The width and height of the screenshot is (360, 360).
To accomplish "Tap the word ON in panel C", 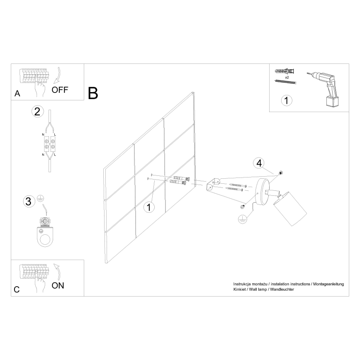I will [x=58, y=286].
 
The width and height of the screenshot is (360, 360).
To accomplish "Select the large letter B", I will [x=93, y=93].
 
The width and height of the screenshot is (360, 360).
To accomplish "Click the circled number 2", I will [x=37, y=111].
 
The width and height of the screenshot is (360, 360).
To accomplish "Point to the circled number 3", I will [x=28, y=202].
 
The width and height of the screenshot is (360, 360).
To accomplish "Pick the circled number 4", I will [x=259, y=163].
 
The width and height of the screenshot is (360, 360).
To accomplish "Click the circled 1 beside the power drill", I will [x=286, y=100].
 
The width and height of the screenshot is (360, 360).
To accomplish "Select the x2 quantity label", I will [x=287, y=77].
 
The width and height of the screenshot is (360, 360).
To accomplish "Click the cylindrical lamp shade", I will [x=289, y=211].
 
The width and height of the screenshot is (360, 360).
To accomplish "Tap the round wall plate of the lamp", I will [x=262, y=192].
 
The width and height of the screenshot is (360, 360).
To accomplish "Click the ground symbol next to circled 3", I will [x=41, y=198].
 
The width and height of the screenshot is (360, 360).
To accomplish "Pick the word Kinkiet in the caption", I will [x=240, y=289].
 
